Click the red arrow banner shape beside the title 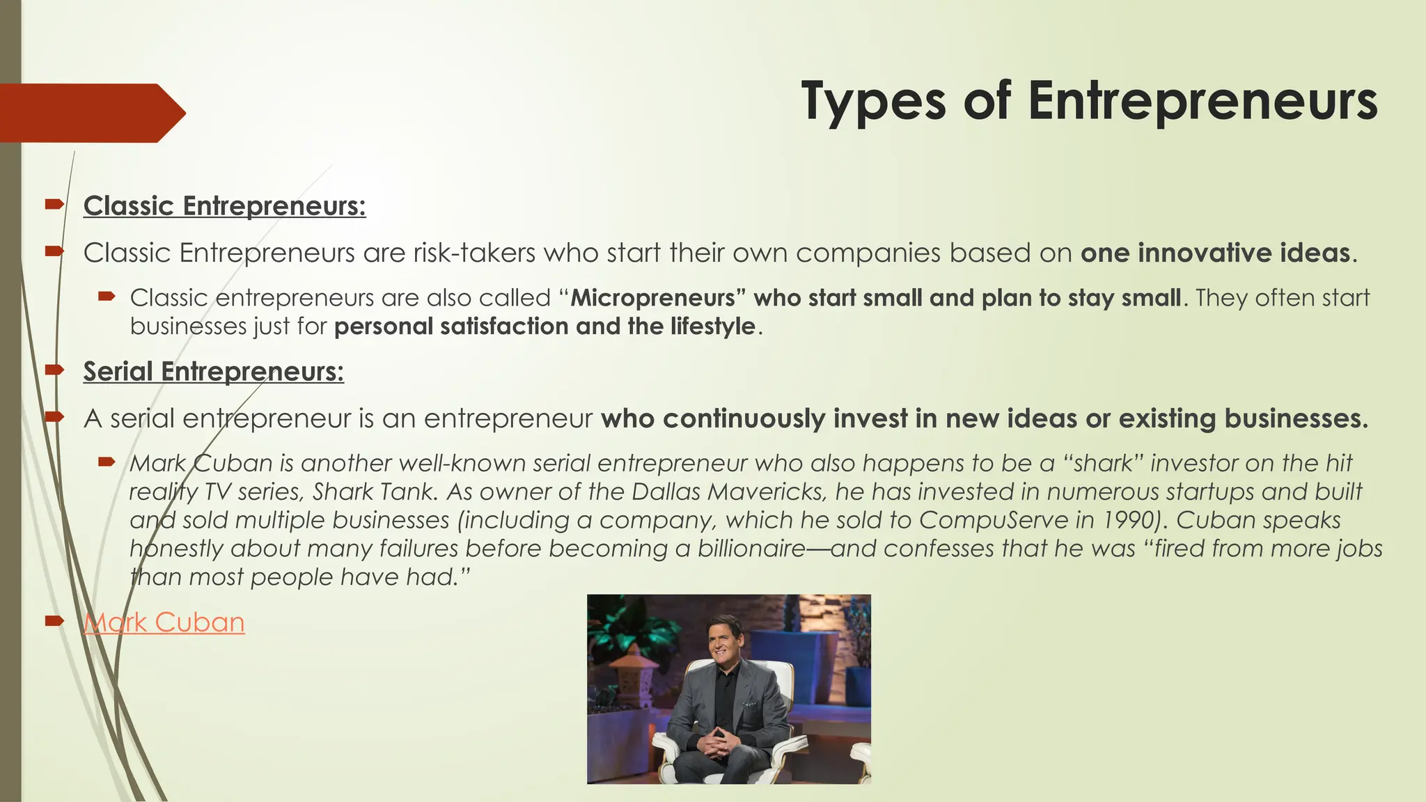91,113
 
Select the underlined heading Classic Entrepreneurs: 224,206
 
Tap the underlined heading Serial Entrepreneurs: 213,372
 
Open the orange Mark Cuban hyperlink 164,622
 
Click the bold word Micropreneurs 653,298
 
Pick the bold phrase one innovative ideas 1215,253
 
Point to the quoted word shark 1103,463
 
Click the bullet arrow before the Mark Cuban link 54,620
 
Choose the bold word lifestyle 713,327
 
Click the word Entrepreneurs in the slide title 1202,102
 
